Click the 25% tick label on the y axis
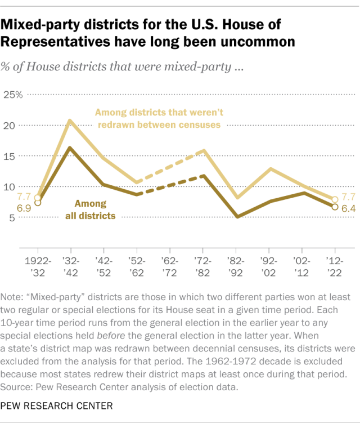pos(12,94)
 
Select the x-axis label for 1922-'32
pos(37,267)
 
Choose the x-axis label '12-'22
pos(335,267)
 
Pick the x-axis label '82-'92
pos(236,267)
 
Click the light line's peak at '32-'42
pos(70,121)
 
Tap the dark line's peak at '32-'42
pos(70,148)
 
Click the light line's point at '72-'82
pos(203,150)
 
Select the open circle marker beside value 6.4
pos(335,207)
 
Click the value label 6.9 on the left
pos(24,208)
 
